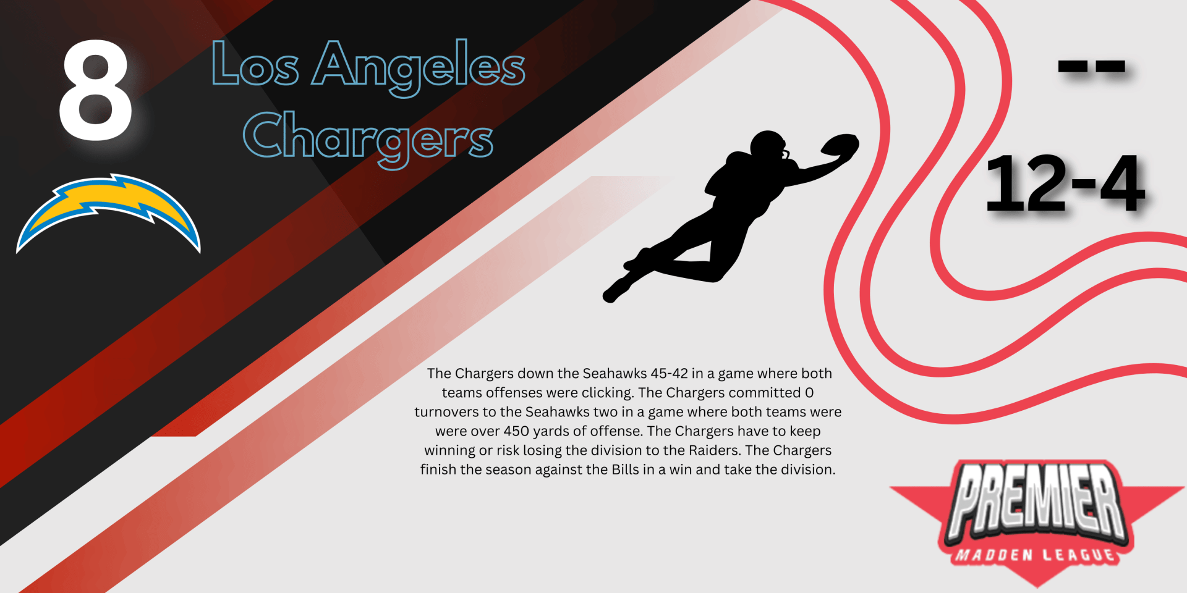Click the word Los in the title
point(255,64)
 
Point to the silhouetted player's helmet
point(768,146)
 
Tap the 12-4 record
point(1065,183)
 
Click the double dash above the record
point(1092,66)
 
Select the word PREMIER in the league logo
point(1037,500)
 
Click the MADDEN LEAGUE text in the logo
point(1036,554)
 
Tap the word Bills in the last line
point(625,469)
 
